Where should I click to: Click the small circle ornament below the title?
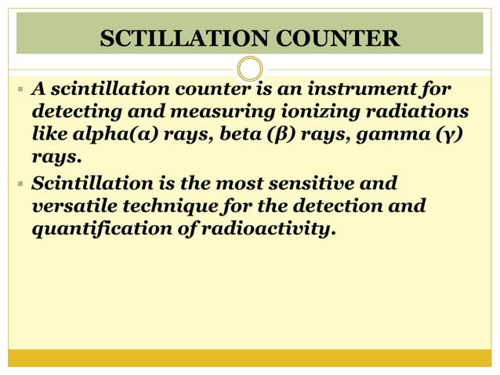click(x=249, y=67)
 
